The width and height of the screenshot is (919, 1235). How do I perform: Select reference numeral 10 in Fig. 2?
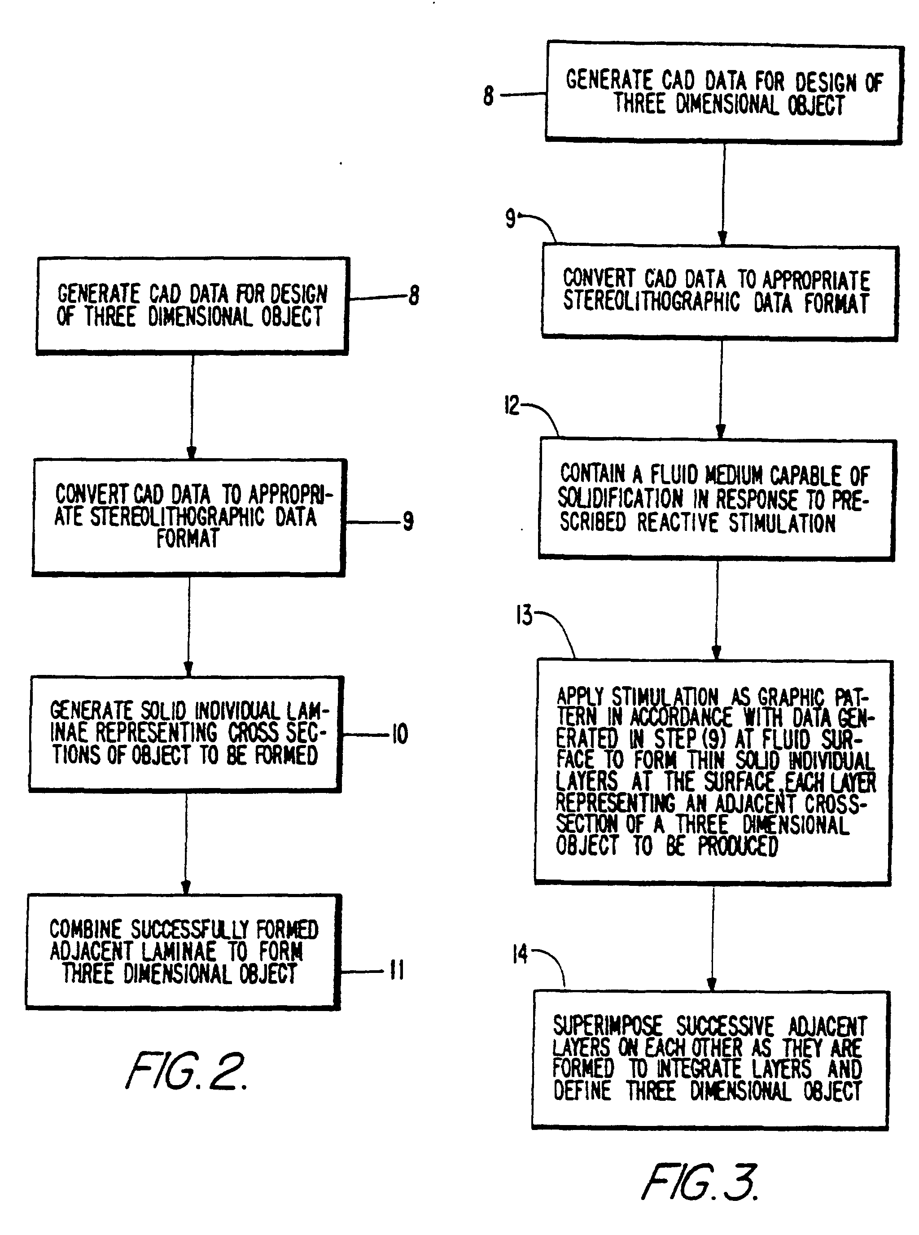pyautogui.click(x=400, y=734)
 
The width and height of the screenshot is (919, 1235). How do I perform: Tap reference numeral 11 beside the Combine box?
pyautogui.click(x=397, y=971)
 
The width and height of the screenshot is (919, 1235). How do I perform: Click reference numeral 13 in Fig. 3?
pyautogui.click(x=524, y=615)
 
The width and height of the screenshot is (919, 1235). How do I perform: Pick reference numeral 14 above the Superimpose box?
pyautogui.click(x=520, y=955)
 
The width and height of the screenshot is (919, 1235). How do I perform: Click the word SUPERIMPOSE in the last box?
pyautogui.click(x=607, y=1026)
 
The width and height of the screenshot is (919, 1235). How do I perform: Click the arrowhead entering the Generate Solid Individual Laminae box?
pyautogui.click(x=188, y=669)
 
